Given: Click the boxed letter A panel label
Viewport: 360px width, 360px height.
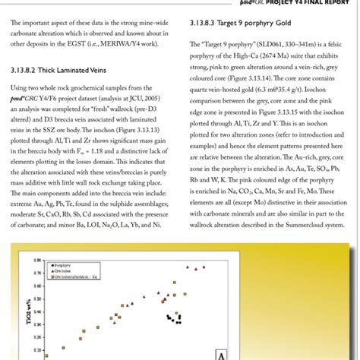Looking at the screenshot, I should [x=221, y=353].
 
